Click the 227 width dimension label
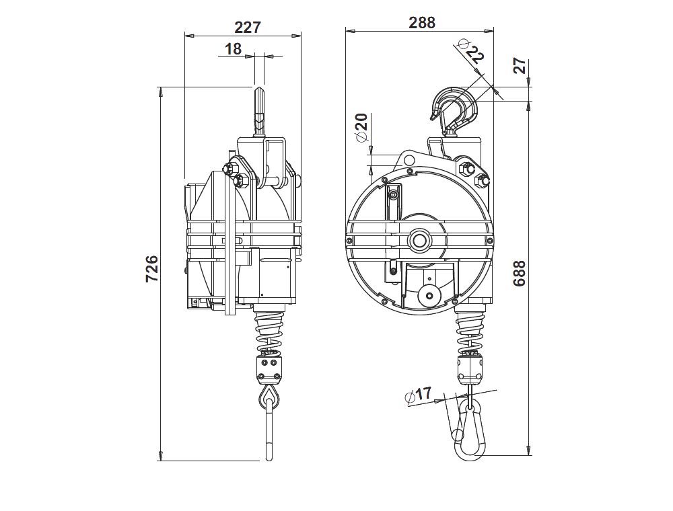pyautogui.click(x=247, y=28)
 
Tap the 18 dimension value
pyautogui.click(x=233, y=49)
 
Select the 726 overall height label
pyautogui.click(x=152, y=269)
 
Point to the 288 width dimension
pyautogui.click(x=422, y=22)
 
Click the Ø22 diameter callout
pyautogui.click(x=471, y=52)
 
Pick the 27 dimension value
pyautogui.click(x=520, y=66)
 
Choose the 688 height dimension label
pyautogui.click(x=520, y=273)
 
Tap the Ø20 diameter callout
pyautogui.click(x=361, y=127)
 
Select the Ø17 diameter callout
pyautogui.click(x=418, y=395)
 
